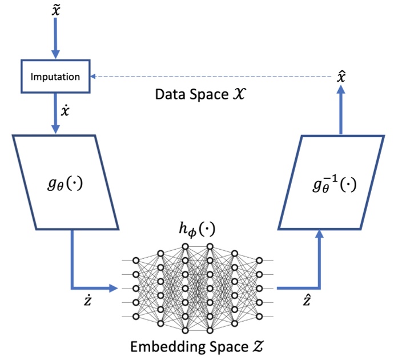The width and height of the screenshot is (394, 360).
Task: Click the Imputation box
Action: [55, 77]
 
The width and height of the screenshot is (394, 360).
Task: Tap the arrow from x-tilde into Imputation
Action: [55, 40]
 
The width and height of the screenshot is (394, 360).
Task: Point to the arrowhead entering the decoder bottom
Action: [318, 231]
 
